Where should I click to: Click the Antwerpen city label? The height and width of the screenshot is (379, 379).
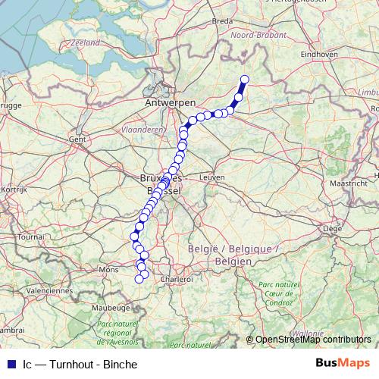[171, 102]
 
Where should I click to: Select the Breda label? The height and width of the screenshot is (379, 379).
[223, 21]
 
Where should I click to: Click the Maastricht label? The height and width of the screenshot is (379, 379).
[349, 183]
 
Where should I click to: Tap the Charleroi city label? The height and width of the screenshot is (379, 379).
[177, 279]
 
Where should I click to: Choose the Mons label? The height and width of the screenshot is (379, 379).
[110, 269]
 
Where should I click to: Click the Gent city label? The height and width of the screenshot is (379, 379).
[77, 139]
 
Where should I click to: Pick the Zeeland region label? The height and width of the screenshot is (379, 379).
[85, 43]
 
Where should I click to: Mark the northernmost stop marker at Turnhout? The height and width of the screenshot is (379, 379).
[245, 80]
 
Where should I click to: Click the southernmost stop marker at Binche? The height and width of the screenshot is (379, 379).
[139, 279]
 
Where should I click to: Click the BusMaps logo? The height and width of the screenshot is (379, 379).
[343, 363]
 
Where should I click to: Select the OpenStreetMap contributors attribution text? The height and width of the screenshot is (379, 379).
[313, 340]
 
